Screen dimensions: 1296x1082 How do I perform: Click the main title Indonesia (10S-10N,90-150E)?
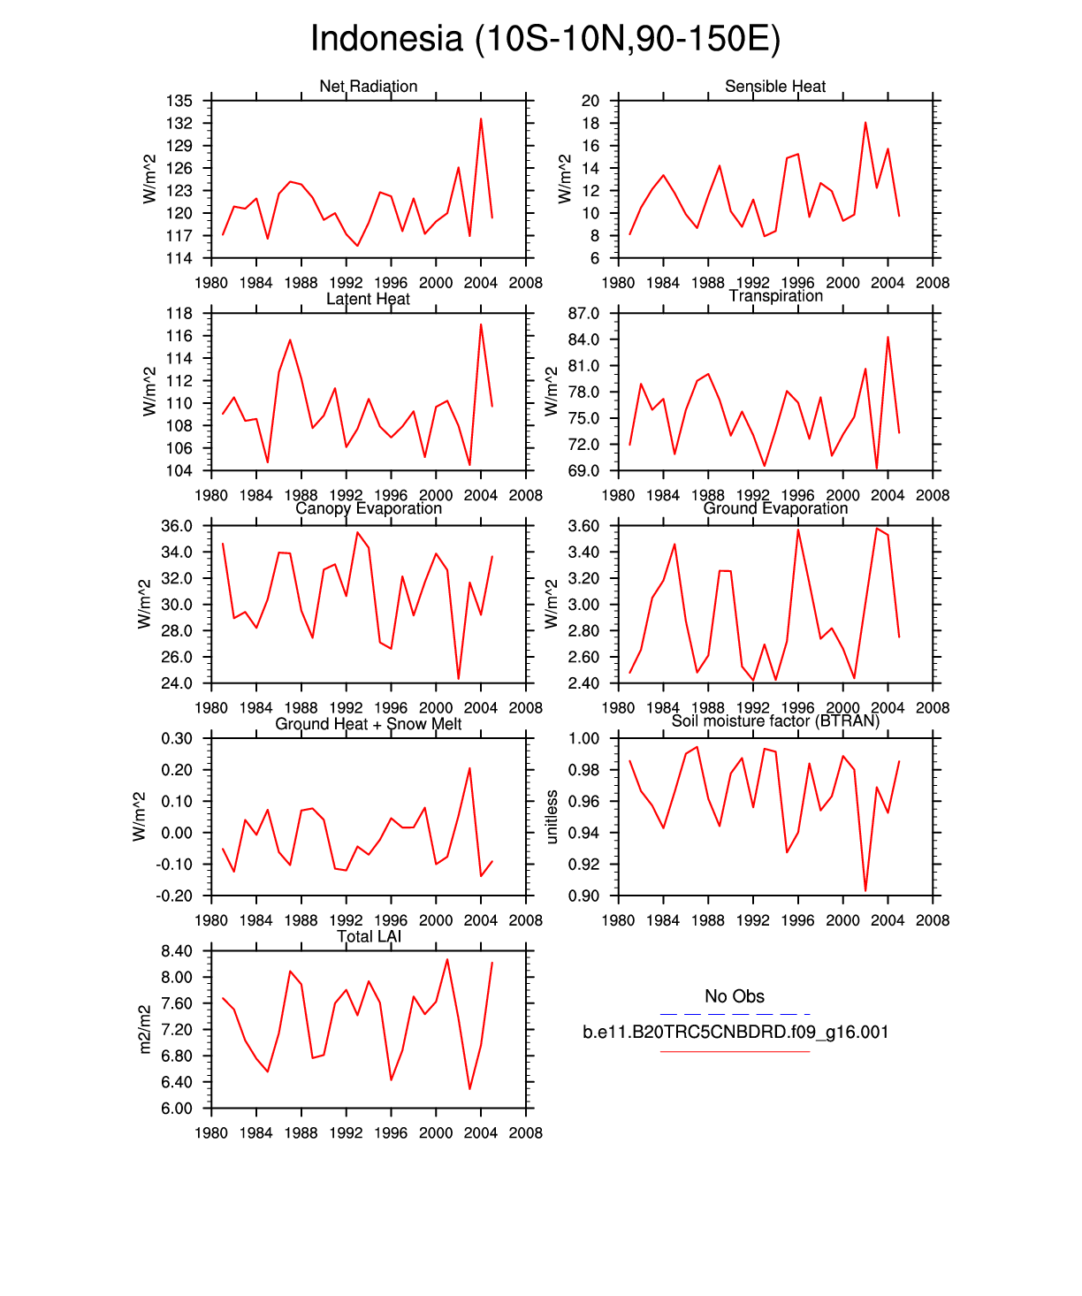coord(545,39)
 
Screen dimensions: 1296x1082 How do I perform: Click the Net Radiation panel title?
coord(368,86)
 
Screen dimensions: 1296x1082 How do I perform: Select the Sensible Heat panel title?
coord(774,86)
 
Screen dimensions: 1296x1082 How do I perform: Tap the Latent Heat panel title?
coord(368,299)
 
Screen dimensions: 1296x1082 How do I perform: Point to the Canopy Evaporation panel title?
coord(368,508)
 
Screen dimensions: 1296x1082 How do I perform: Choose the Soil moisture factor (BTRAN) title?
coord(775,721)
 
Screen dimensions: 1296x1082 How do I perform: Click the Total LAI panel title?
coord(369,936)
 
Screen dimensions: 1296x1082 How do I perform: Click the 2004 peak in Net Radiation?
coord(481,118)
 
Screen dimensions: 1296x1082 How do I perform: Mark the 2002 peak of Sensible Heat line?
coord(865,123)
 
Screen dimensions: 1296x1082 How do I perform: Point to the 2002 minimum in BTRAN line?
coord(865,890)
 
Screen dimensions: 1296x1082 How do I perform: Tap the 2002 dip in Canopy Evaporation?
coord(459,678)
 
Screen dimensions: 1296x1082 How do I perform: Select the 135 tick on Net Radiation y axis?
coord(179,101)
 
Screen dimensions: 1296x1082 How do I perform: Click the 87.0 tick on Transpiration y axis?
coord(584,314)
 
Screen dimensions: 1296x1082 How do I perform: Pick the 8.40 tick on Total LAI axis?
coord(177,951)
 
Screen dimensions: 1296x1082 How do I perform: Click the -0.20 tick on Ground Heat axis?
coord(174,896)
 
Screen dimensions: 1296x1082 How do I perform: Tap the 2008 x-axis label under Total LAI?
coord(526,1132)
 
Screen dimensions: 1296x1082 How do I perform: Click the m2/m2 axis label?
coord(146,1029)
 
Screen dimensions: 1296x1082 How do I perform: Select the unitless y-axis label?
coord(552,817)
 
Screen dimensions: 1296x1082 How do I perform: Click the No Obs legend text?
coord(735,996)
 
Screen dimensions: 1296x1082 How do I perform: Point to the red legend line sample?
coord(735,1052)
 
